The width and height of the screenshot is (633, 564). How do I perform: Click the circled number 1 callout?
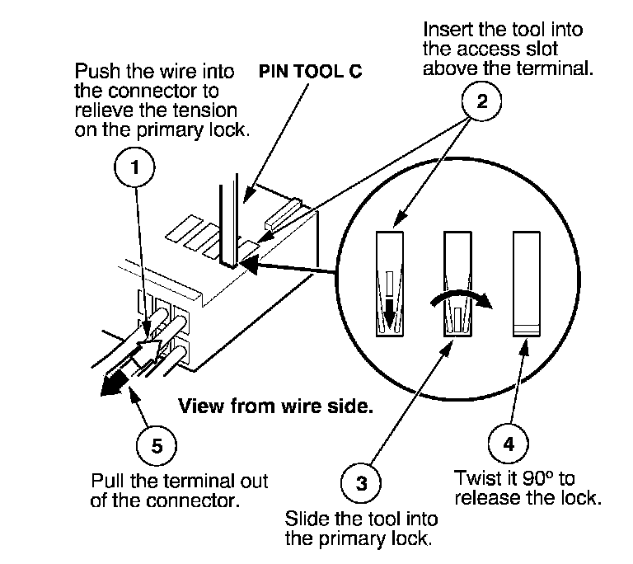coord(134,167)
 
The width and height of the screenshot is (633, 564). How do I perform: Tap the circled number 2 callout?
coord(481,101)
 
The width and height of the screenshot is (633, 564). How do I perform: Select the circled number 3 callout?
coord(361,483)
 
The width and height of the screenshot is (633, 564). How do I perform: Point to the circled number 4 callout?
coord(509,444)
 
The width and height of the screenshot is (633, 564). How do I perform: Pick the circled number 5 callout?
coord(157,446)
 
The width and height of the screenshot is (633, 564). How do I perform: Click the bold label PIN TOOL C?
coord(311,72)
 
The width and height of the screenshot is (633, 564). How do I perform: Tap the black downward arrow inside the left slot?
coord(389,313)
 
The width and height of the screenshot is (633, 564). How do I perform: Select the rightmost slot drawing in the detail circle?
coord(527,284)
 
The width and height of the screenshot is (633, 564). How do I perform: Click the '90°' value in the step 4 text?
coord(532,478)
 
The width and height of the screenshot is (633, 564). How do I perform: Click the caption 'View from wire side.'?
coord(276,406)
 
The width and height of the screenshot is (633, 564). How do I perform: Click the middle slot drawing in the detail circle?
coord(457,284)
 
